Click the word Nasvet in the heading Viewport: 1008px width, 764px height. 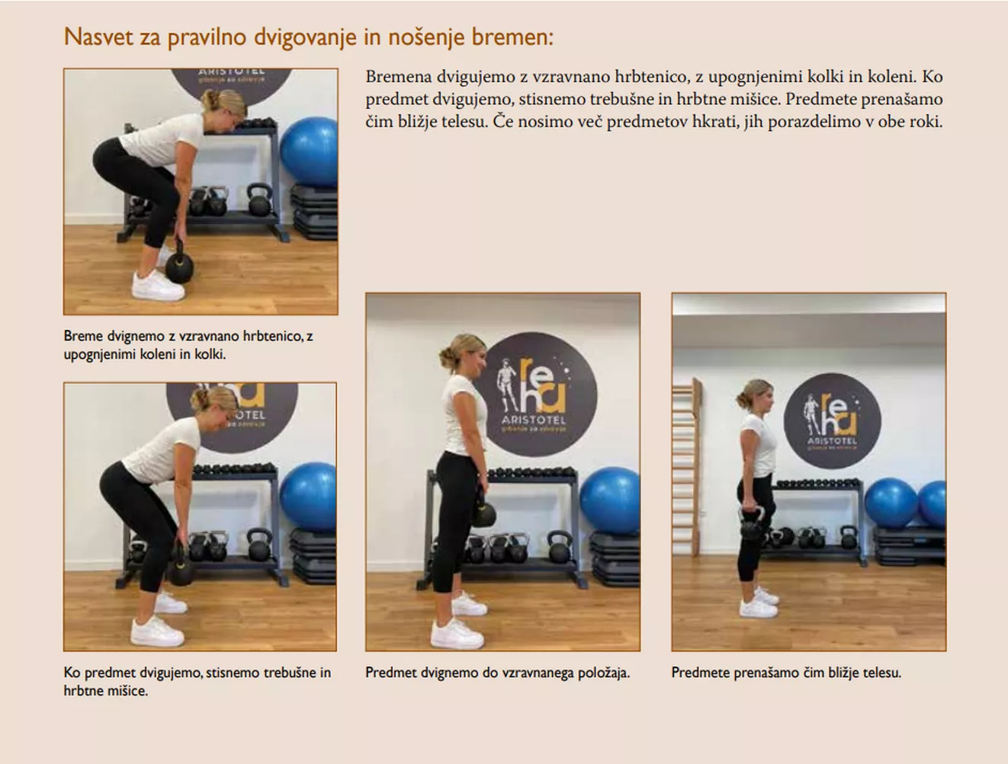point(98,37)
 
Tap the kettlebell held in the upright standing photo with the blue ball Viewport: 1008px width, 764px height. point(483,511)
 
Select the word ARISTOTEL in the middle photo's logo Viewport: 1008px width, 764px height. point(534,420)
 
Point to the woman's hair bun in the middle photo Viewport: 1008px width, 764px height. point(446,354)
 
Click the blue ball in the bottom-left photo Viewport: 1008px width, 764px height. point(308,497)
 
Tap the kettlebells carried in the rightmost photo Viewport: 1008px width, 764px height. point(751,525)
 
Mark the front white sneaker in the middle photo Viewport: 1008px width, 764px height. point(457,635)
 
